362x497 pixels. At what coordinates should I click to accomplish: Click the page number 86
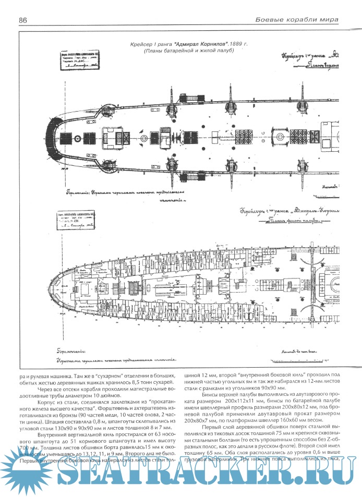pos(23,20)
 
